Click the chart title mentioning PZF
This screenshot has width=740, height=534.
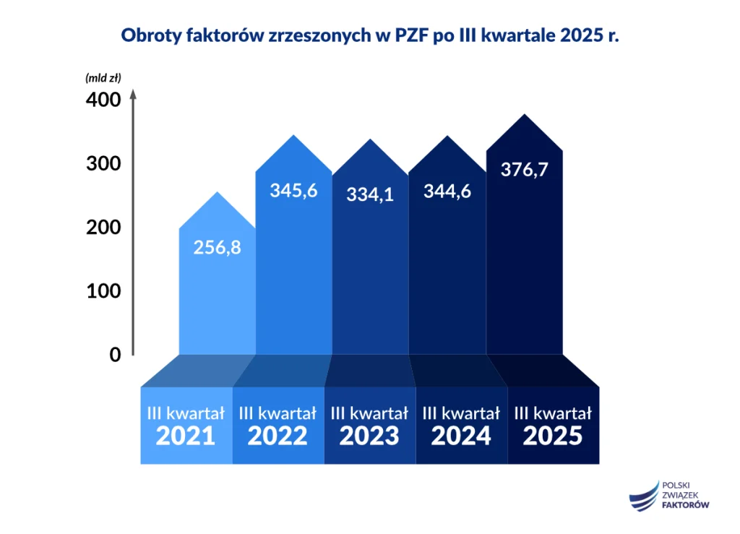coord(370,36)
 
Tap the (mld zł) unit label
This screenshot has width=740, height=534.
coord(103,77)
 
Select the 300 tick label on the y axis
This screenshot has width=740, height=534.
coord(103,164)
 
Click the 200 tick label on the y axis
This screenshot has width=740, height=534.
coord(103,228)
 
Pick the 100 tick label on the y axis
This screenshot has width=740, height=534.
coord(103,291)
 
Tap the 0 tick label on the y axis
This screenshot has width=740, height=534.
coord(115,355)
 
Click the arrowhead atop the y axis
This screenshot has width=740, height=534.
coord(133,94)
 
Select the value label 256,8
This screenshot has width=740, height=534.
coord(217,247)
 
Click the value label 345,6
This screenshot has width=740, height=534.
coord(293,191)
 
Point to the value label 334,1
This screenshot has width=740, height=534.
coord(370,194)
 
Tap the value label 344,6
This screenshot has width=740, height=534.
coord(447,191)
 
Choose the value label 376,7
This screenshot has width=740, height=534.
coord(524,169)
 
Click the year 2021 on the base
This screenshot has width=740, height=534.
coord(186,436)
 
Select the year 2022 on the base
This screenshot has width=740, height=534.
coord(277,436)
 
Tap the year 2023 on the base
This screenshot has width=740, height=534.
coord(369,436)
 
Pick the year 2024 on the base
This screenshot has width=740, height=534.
coord(461,436)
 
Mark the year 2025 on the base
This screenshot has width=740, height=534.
coord(553,436)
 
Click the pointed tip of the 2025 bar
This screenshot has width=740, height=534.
coord(524,116)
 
